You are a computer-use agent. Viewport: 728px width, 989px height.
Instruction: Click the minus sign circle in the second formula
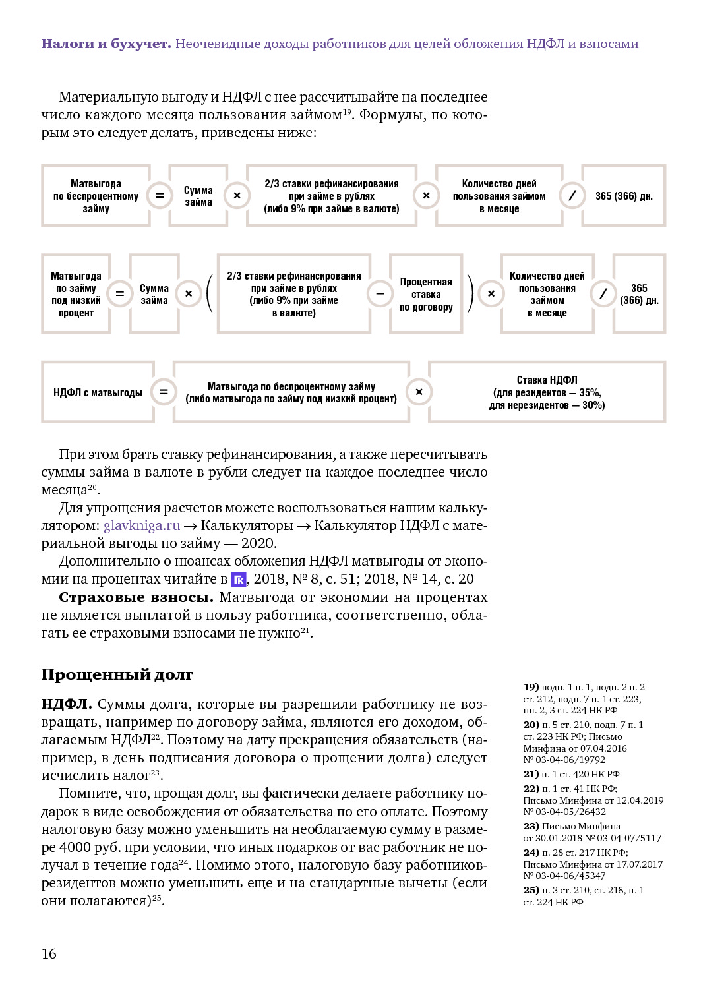pos(380,293)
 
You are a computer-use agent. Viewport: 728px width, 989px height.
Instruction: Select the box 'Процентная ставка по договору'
pos(426,294)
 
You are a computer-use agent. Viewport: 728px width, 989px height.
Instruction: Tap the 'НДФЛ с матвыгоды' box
pos(98,392)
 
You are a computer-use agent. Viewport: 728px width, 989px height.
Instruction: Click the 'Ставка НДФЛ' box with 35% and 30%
pos(547,392)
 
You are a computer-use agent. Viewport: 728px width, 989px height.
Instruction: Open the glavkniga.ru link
pos(142,525)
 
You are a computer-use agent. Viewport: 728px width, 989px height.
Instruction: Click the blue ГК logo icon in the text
pos(238,580)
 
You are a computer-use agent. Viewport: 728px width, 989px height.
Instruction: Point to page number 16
pos(49,953)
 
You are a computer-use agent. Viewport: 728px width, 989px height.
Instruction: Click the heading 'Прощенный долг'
pos(117,674)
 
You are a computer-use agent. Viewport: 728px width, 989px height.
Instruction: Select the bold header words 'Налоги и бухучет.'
pos(106,44)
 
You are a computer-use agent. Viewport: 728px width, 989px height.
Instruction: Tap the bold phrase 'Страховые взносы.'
pos(136,597)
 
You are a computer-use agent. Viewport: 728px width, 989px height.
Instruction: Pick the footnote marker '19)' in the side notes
pos(531,687)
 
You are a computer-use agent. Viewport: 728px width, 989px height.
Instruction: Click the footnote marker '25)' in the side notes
pos(531,890)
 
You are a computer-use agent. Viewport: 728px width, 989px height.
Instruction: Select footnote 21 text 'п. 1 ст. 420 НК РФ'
pos(580,774)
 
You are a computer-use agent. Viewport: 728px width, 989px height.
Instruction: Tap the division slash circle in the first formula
pos(572,195)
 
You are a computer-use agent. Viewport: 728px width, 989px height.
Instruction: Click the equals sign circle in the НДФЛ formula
pos(164,392)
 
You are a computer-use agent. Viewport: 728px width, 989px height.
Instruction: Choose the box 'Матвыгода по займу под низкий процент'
pos(76,294)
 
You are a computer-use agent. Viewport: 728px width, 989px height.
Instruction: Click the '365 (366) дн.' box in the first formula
pos(624,196)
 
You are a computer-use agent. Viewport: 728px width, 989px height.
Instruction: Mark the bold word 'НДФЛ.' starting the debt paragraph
pos(67,704)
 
